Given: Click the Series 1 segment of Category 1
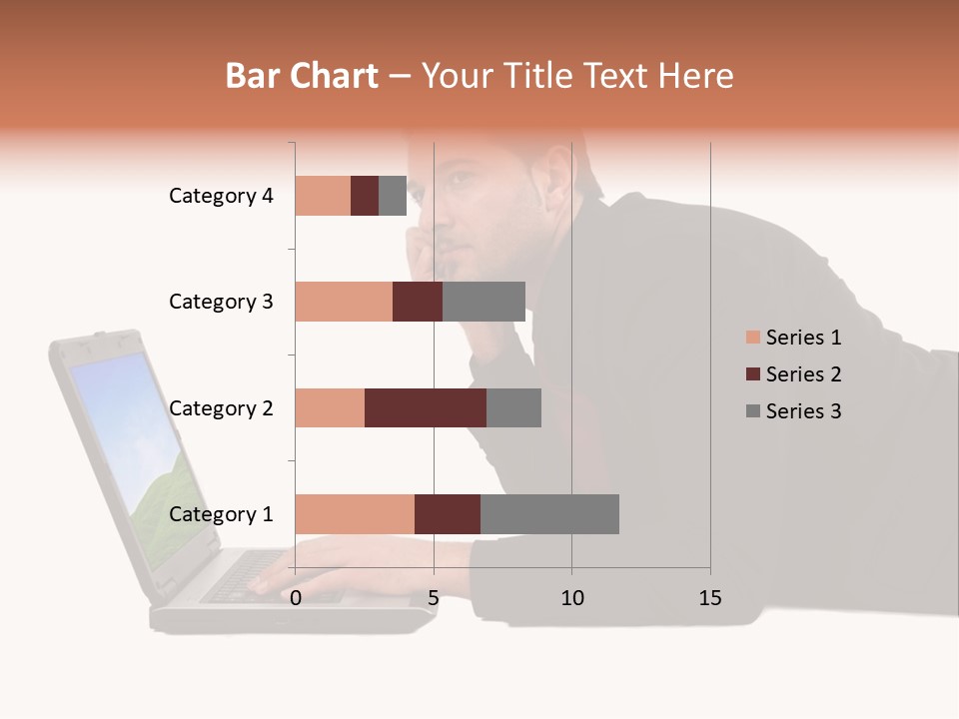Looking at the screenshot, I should coord(355,513).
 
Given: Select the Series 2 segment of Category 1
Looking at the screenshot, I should coord(448,513).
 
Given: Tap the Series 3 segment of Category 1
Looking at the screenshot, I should coord(549,513).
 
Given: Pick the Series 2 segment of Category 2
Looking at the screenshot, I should coord(426,407).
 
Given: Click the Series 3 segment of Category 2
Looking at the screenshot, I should coord(513,407).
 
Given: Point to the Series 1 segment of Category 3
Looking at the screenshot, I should coord(344,302).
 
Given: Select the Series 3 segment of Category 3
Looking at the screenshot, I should coord(483,302).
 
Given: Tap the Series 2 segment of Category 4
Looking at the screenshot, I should coord(365,196).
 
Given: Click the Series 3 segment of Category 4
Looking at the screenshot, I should coord(393,196).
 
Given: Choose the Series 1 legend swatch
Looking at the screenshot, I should coord(753,338).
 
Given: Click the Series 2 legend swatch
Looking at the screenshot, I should coord(753,374).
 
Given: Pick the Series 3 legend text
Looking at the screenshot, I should coord(803,411).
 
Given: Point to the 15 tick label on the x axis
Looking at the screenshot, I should coord(709,598).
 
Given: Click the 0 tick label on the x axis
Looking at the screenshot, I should coord(296,598).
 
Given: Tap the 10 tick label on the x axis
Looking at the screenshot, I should coord(571,598).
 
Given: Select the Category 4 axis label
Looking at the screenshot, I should coord(221,196).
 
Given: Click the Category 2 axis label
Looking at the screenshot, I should coord(221,408).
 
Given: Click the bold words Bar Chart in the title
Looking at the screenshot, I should coord(302,76).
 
